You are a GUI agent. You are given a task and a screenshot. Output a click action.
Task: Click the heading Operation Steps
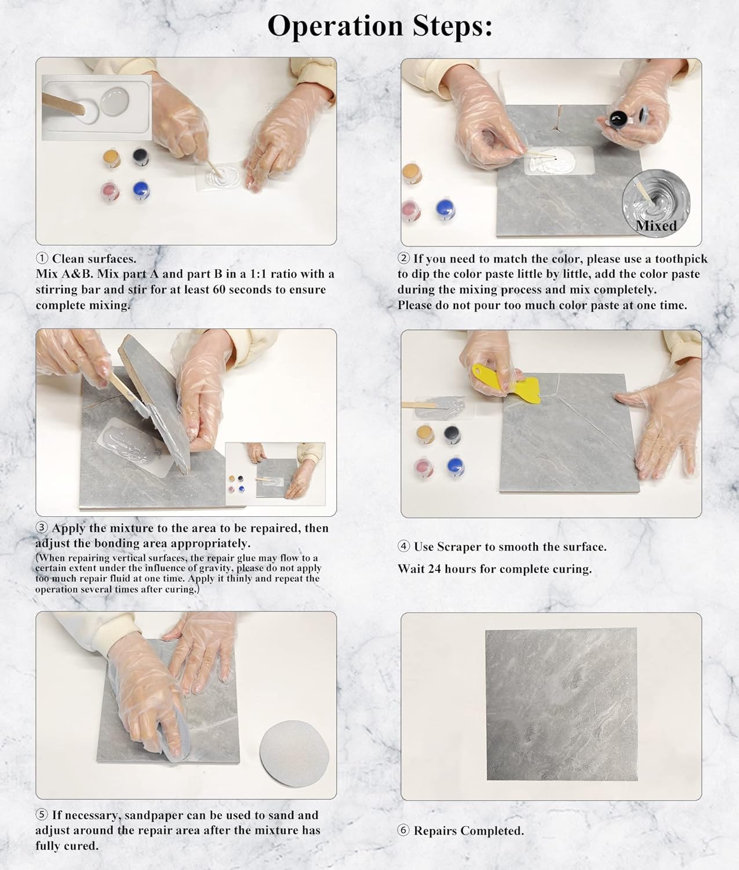(380, 26)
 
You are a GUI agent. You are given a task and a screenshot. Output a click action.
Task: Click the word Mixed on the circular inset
(656, 226)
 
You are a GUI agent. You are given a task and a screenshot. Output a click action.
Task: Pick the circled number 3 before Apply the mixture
(42, 528)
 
